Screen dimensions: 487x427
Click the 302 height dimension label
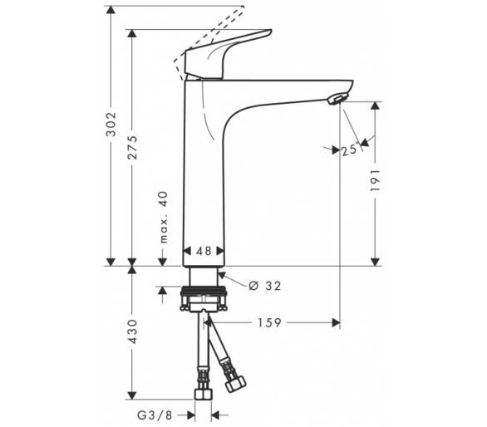(x=111, y=125)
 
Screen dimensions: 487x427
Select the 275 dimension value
(x=133, y=147)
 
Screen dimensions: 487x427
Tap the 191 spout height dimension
(x=375, y=180)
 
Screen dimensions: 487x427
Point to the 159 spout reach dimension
(x=269, y=323)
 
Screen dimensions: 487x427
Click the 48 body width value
(x=204, y=251)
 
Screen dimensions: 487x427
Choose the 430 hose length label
(x=133, y=331)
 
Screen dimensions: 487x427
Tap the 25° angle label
(x=350, y=150)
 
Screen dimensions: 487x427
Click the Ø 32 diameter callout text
(x=265, y=286)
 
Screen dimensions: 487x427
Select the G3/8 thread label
(x=155, y=415)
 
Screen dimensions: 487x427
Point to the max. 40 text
(x=164, y=217)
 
